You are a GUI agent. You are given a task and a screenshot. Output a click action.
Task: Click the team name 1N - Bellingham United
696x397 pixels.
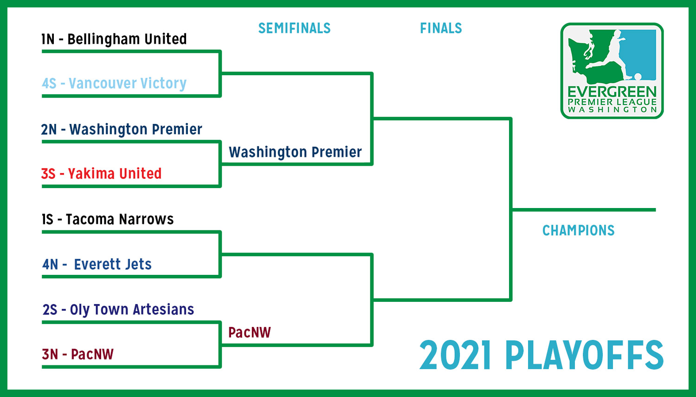click(x=114, y=39)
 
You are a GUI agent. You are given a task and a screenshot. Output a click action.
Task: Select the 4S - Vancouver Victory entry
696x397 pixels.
click(x=114, y=83)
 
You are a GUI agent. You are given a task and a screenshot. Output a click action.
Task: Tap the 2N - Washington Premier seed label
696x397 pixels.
click(x=122, y=130)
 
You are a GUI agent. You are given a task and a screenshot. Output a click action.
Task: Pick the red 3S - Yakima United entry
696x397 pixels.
click(x=101, y=174)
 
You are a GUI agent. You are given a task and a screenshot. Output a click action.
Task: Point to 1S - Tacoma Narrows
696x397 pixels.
click(x=108, y=219)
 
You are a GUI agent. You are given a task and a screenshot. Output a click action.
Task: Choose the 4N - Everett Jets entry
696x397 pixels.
click(x=97, y=265)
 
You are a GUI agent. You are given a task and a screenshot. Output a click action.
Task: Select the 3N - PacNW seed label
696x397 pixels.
click(x=77, y=354)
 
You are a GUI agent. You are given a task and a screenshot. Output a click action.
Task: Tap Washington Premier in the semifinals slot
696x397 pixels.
click(x=295, y=152)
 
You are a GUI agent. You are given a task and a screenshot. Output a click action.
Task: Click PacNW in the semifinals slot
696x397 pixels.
click(x=250, y=332)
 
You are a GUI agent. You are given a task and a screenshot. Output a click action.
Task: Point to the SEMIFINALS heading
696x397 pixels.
click(x=295, y=28)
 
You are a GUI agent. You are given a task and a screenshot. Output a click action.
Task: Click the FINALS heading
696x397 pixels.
click(x=441, y=28)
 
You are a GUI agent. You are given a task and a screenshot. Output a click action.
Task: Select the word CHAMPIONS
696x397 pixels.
click(x=579, y=231)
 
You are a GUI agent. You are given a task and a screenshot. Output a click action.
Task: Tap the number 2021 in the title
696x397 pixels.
click(x=456, y=355)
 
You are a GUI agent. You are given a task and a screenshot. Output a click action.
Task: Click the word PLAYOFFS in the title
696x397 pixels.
click(x=585, y=355)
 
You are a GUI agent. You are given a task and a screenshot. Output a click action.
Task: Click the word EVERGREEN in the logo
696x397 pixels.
click(x=612, y=92)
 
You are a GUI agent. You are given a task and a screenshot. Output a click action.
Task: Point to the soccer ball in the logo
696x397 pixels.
click(x=638, y=77)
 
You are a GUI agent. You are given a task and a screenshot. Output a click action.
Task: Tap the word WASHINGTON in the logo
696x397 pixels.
click(x=612, y=110)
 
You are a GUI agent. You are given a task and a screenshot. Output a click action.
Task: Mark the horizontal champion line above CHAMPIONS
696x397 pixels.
click(x=584, y=210)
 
